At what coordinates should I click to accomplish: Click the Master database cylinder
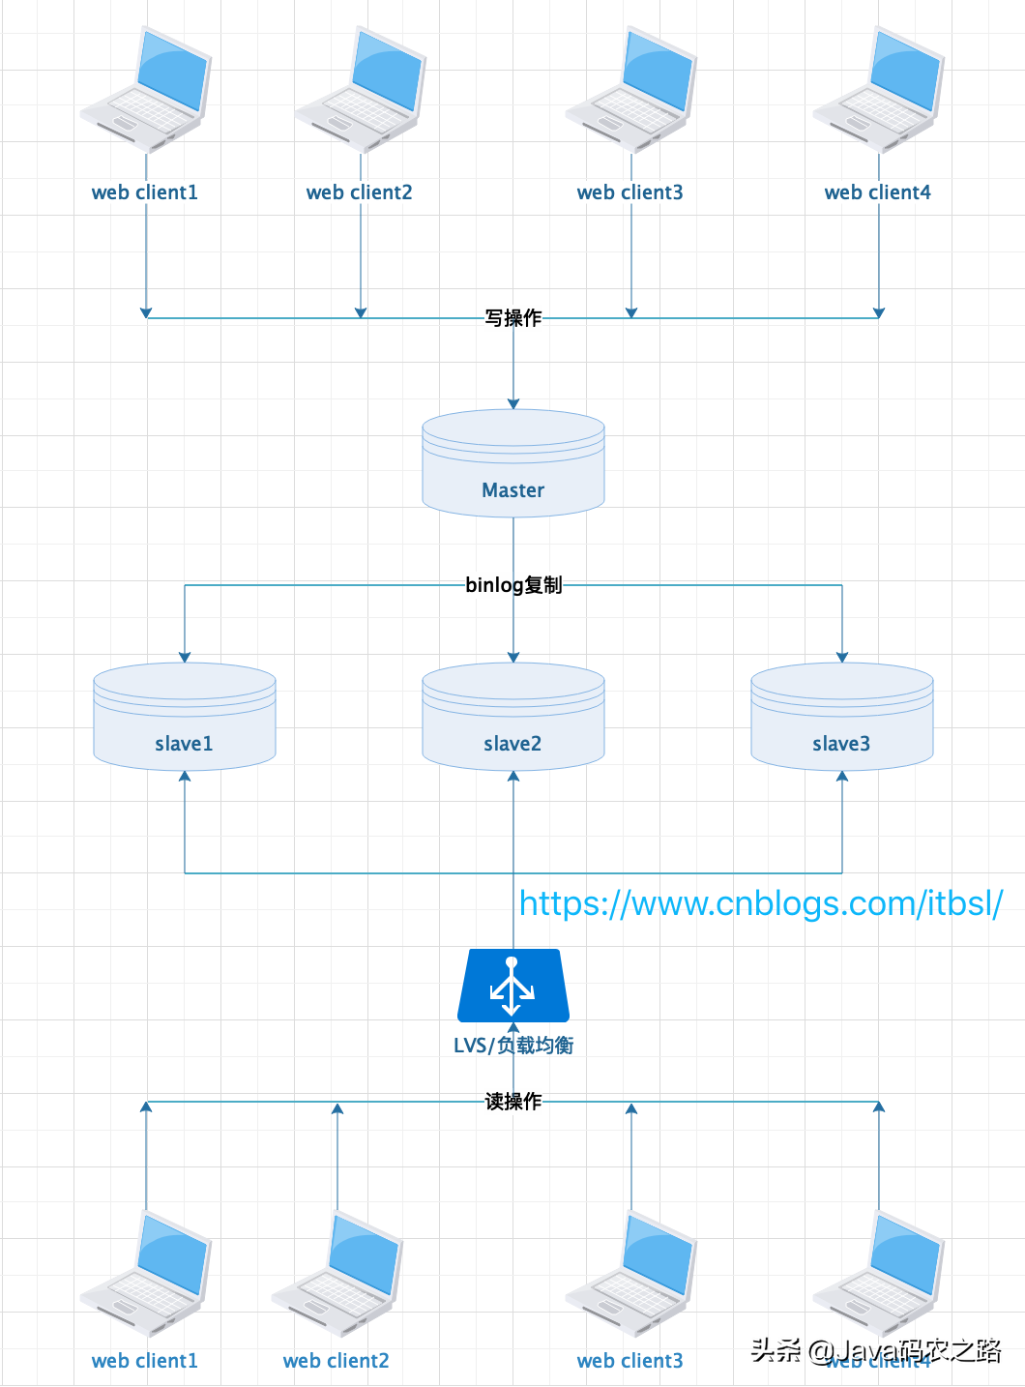click(513, 463)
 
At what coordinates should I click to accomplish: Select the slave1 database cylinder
click(185, 717)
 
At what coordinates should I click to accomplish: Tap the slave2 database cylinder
click(513, 717)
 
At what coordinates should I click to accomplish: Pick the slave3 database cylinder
click(842, 717)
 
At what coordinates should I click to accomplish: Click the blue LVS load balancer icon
click(513, 986)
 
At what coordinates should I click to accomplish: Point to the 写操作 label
click(513, 318)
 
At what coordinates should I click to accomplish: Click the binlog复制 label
click(513, 585)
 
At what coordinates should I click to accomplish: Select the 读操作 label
click(513, 1102)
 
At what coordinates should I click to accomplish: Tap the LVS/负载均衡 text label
click(513, 1046)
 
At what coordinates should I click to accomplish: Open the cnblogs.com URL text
click(761, 903)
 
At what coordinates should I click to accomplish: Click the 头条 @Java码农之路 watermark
click(875, 1350)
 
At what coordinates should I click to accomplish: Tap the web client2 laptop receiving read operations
click(337, 1273)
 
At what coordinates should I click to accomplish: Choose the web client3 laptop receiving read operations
click(630, 1273)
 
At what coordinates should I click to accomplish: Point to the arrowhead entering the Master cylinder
click(513, 404)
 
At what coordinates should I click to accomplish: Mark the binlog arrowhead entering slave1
click(185, 658)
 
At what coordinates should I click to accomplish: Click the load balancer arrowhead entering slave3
click(842, 776)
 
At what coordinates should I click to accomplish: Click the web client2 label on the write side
click(360, 192)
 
